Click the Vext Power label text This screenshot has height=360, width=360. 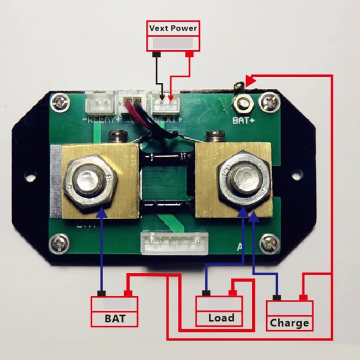172,28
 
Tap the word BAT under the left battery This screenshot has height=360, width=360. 115,319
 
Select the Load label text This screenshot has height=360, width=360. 221,318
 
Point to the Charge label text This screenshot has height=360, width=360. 289,323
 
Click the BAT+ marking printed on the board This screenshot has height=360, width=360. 242,118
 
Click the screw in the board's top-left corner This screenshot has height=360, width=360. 60,102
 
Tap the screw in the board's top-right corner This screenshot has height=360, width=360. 269,102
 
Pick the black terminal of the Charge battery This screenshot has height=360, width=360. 277,298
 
